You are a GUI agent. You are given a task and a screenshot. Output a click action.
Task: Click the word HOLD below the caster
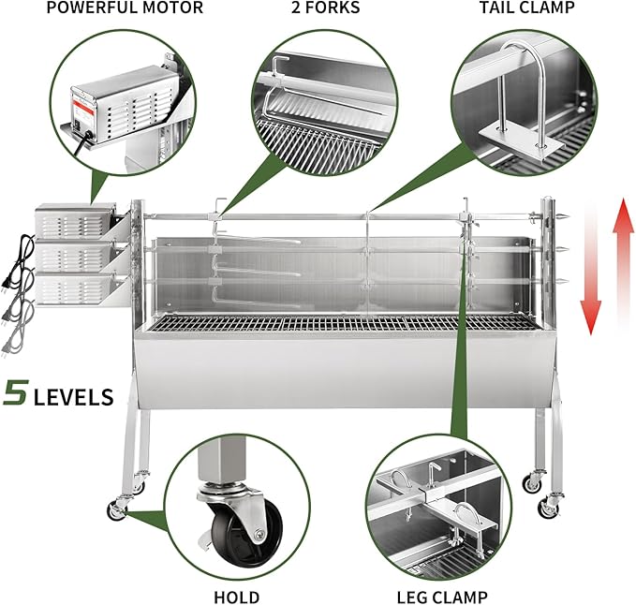pyautogui.click(x=238, y=595)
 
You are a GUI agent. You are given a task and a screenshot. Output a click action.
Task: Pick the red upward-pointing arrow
pyautogui.click(x=618, y=267)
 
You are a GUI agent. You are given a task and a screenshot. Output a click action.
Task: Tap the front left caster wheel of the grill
pyautogui.click(x=117, y=509)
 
